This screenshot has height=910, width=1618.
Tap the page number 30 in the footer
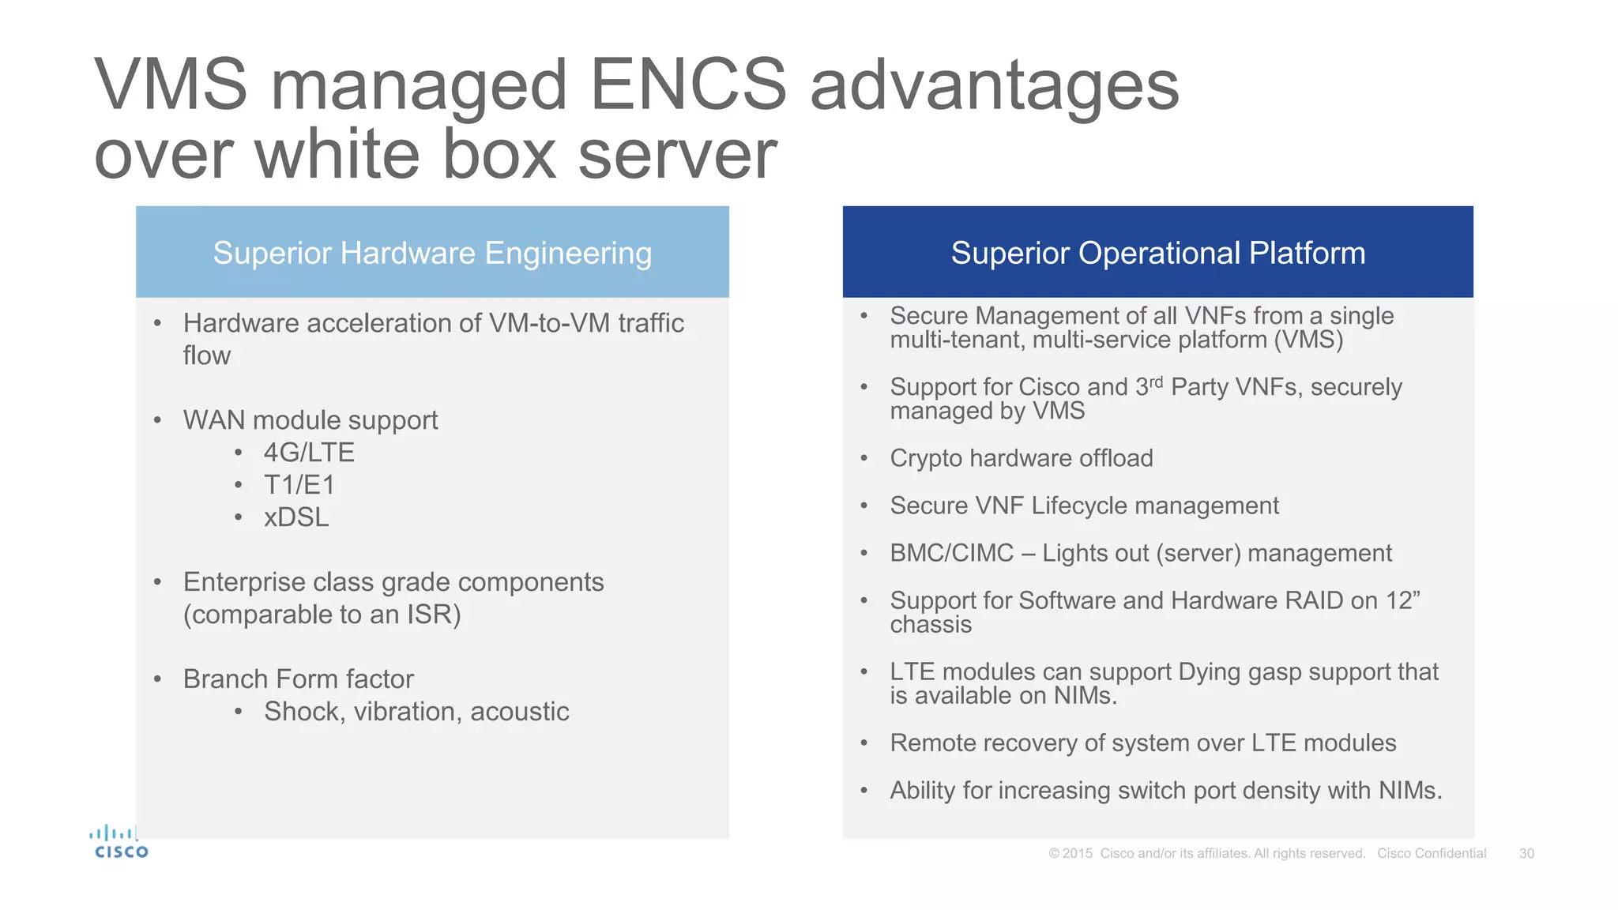click(x=1526, y=853)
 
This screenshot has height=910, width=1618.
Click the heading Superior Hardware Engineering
click(x=432, y=253)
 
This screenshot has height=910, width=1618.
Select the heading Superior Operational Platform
click(x=1157, y=253)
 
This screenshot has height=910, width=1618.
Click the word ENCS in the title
click(x=687, y=85)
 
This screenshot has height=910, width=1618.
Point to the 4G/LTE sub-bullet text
click(x=309, y=453)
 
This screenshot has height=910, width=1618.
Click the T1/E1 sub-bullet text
click(x=299, y=485)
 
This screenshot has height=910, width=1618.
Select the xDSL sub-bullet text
click(x=296, y=517)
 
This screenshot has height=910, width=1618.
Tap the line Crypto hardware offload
click(x=1021, y=458)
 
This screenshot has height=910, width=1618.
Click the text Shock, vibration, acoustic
click(x=416, y=712)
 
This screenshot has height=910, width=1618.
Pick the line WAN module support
click(x=310, y=420)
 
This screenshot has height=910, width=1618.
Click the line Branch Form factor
click(x=299, y=679)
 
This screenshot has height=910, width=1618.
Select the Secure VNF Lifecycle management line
click(x=1084, y=506)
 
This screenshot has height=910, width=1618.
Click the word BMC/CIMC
click(x=951, y=553)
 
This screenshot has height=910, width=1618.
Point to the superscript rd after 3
click(x=1157, y=382)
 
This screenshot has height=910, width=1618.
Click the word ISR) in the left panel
click(x=434, y=615)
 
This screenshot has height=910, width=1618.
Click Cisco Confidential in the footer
click(x=1432, y=853)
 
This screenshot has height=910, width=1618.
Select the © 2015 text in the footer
click(x=1071, y=853)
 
